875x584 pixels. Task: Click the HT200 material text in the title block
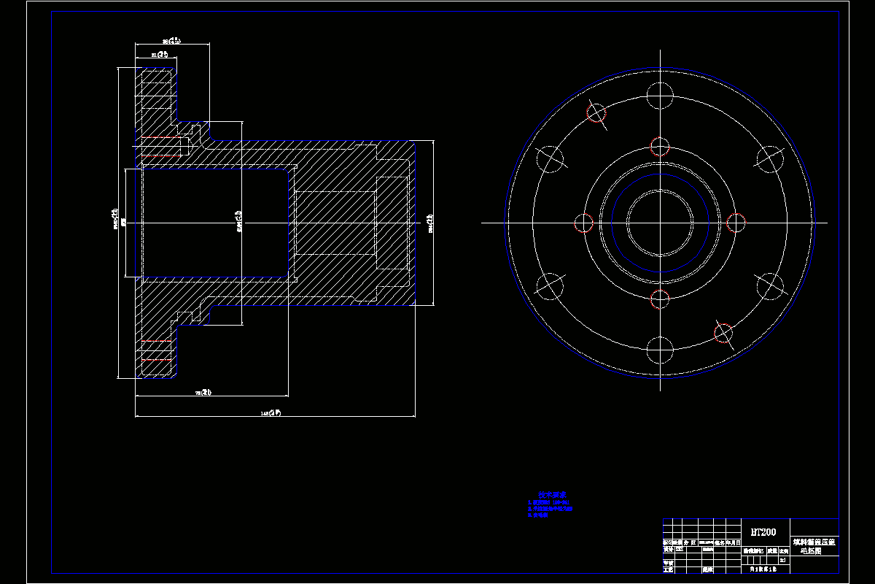coord(763,532)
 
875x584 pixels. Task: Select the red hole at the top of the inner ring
coord(660,146)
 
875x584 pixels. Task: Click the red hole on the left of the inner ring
coord(584,223)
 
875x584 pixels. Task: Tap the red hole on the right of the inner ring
coord(736,223)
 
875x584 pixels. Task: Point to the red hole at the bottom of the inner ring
coord(660,299)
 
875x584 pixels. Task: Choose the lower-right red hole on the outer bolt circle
coord(723,333)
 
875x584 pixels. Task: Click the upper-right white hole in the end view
coord(769,158)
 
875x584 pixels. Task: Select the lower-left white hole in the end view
coord(551,285)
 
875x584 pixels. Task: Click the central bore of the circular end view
coord(660,223)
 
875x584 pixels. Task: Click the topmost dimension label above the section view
coord(171,41)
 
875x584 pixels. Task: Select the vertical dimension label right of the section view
coord(430,223)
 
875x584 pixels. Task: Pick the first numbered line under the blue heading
coord(548,502)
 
